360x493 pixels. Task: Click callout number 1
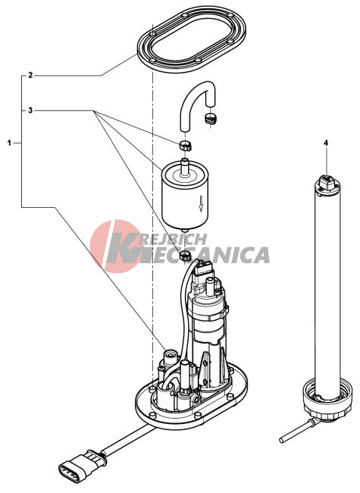(9, 143)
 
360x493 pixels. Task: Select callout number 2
(30, 75)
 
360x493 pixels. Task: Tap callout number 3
(30, 111)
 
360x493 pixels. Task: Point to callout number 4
(326, 143)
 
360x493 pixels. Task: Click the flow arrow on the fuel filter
(202, 203)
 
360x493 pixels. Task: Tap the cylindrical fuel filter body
(186, 197)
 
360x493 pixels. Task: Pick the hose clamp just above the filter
(186, 146)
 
